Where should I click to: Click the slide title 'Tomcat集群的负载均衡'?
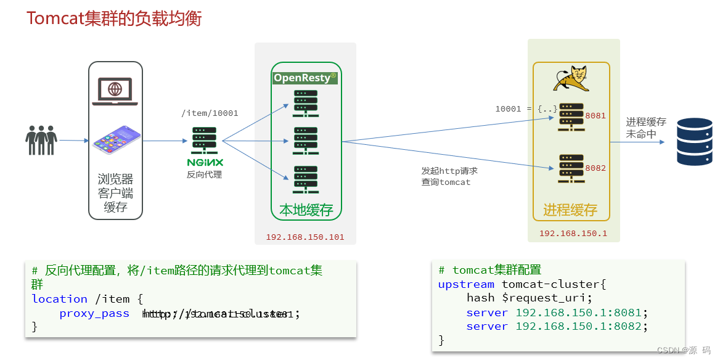click(114, 18)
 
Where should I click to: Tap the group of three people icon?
click(41, 141)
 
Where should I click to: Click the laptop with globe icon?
click(115, 91)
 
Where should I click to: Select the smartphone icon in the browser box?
click(117, 140)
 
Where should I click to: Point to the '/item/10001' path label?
click(210, 113)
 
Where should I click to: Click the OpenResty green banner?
click(306, 78)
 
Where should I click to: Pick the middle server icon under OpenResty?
click(306, 141)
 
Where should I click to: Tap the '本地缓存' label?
click(306, 210)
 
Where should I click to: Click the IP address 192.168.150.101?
click(305, 237)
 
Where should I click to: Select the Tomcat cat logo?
click(571, 78)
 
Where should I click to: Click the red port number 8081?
click(595, 116)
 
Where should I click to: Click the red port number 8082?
click(595, 168)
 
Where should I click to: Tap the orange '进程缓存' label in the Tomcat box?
click(570, 210)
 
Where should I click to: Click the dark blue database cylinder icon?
click(695, 142)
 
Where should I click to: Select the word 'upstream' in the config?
click(466, 284)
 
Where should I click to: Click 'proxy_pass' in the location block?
click(94, 314)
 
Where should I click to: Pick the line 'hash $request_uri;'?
click(529, 298)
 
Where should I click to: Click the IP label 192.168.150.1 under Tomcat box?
click(573, 234)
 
